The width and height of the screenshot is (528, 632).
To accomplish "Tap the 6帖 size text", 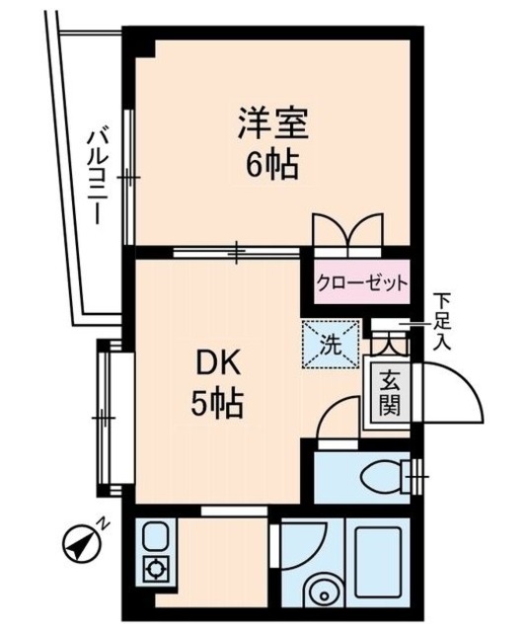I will click(272, 163).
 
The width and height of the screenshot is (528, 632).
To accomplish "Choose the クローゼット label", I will click(362, 284).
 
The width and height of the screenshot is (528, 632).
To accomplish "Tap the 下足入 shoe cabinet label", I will click(443, 320).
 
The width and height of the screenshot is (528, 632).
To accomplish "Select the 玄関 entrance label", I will click(389, 391).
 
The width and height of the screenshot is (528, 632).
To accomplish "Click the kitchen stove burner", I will click(155, 570).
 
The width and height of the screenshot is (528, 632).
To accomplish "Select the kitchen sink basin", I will click(155, 538).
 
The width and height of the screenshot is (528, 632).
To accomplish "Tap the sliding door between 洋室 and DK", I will click(237, 254).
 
